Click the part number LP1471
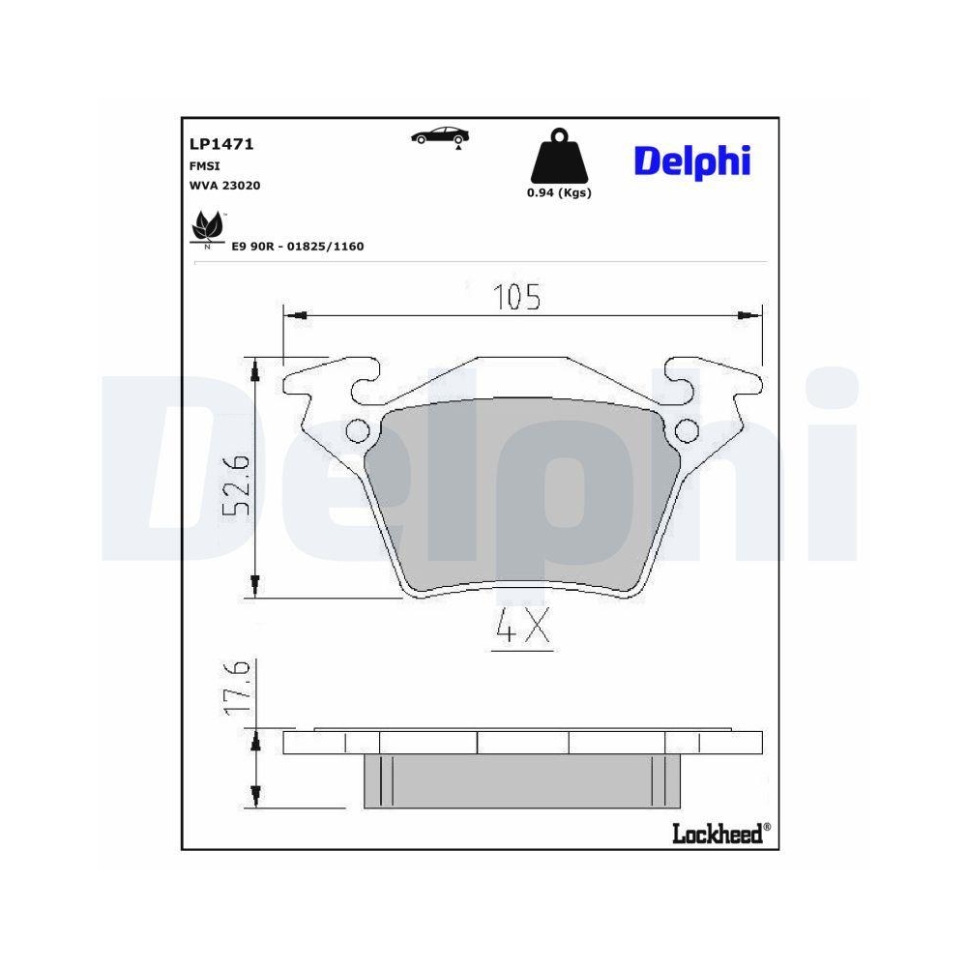pos(221,144)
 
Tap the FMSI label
pos(204,165)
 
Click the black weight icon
pos(558,156)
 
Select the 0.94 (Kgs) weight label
pos(558,192)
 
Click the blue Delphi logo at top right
pos(691,161)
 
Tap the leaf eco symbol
pos(207,228)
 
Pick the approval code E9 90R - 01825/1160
pos(297,247)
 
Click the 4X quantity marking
pos(521,630)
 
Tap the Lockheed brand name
pos(717,834)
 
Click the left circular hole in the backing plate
pos(357,430)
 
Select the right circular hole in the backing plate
pos(687,430)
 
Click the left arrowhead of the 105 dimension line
pos(297,315)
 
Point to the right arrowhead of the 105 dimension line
pos(745,315)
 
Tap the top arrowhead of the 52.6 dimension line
pos(255,368)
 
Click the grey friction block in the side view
pos(522,781)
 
